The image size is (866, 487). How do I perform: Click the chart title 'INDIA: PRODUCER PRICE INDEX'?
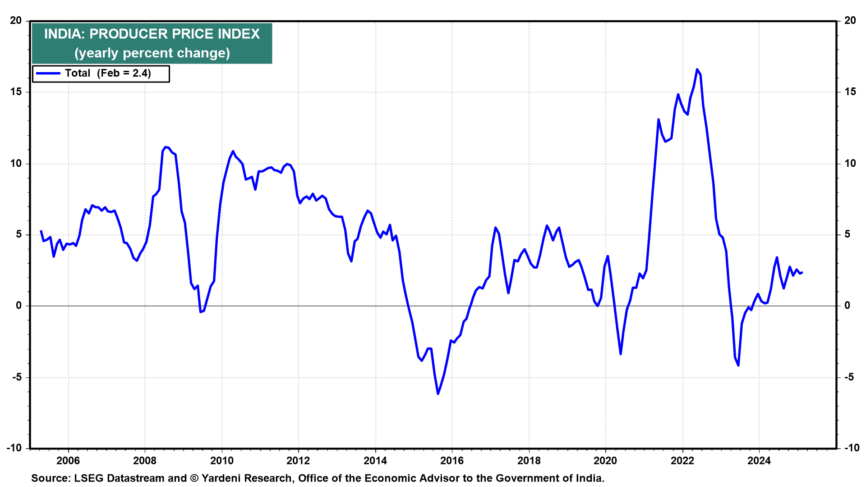tap(152, 34)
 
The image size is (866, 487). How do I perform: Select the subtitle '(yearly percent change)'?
tap(152, 53)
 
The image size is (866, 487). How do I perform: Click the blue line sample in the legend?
tap(48, 74)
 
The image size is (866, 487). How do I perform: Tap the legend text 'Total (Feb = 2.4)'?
tap(108, 74)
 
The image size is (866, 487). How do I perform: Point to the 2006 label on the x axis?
tap(68, 460)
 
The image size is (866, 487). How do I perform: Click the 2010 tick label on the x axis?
tap(222, 460)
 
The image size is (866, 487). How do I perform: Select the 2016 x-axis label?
tap(452, 460)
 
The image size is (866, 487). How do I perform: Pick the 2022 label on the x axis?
tap(682, 460)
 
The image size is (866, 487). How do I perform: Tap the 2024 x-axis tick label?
tap(759, 460)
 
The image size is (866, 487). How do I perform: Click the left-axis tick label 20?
tap(16, 20)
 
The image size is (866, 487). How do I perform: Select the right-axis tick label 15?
tap(850, 92)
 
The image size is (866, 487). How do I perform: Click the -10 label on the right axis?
tap(852, 448)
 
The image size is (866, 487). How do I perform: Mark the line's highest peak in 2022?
tap(697, 69)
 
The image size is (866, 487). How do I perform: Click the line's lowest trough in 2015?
tap(438, 394)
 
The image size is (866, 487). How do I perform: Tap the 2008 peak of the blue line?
tap(166, 147)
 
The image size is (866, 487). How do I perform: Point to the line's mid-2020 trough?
tap(621, 354)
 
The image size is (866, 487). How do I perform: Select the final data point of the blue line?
tap(802, 272)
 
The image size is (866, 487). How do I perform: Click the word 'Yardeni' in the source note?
tap(221, 478)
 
